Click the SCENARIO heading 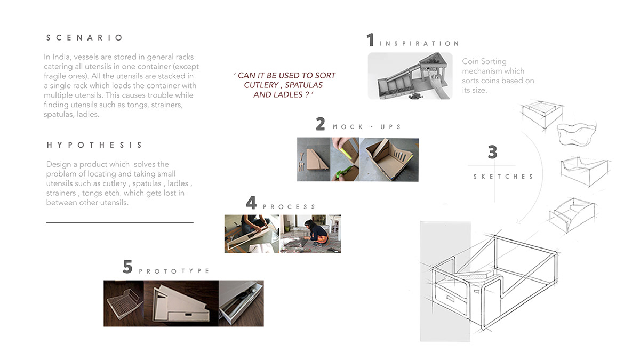85,38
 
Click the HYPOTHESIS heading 94,145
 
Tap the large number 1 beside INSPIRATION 371,41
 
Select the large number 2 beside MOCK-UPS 320,124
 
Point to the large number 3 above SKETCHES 492,153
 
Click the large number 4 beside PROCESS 251,203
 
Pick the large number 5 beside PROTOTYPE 127,267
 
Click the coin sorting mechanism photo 410,76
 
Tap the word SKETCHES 503,177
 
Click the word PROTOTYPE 174,271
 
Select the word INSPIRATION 419,44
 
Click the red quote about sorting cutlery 284,85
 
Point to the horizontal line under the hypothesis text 119,223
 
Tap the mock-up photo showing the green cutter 345,159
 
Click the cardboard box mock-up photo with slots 389,159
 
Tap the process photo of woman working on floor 310,234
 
